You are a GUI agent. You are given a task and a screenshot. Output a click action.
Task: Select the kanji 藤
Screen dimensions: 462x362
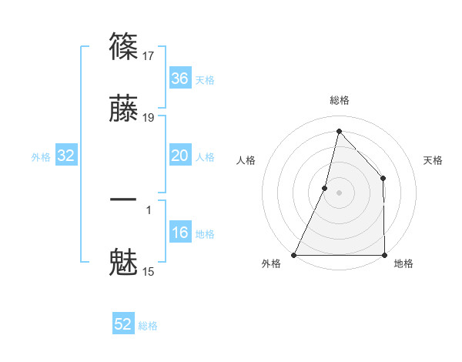[124, 111]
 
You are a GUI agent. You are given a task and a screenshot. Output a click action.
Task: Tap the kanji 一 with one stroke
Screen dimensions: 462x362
[124, 199]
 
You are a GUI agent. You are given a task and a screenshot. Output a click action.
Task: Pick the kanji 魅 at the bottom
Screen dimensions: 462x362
[124, 262]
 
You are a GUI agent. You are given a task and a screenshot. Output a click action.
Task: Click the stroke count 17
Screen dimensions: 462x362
[149, 55]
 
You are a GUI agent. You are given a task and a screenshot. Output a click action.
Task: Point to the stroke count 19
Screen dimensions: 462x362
[149, 118]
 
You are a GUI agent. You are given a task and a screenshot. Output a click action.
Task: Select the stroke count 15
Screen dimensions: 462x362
[149, 271]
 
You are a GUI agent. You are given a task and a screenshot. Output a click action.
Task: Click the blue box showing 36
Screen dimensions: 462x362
[179, 79]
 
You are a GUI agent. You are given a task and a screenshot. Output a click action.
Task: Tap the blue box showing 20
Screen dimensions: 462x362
[179, 156]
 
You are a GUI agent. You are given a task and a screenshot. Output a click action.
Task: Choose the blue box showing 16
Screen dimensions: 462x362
[179, 233]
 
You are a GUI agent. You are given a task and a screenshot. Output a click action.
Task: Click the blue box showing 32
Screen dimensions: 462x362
[66, 156]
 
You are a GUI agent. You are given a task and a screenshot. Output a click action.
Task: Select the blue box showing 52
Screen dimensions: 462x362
[123, 324]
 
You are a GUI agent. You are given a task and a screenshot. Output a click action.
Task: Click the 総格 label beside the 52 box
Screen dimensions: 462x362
[149, 326]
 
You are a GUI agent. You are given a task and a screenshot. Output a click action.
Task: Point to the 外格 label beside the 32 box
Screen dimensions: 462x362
[41, 157]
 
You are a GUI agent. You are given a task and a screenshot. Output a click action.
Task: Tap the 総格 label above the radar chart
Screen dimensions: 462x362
[340, 100]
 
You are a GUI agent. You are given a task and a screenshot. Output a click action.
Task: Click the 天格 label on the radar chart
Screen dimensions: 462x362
[433, 160]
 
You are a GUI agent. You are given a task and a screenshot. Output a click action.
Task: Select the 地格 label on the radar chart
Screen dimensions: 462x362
[403, 263]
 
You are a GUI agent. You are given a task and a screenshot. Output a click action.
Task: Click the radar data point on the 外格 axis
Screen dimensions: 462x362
[294, 255]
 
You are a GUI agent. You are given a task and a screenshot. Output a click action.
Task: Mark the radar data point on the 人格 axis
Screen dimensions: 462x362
[325, 187]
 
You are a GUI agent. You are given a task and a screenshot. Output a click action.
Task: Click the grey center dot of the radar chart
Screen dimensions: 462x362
[340, 193]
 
